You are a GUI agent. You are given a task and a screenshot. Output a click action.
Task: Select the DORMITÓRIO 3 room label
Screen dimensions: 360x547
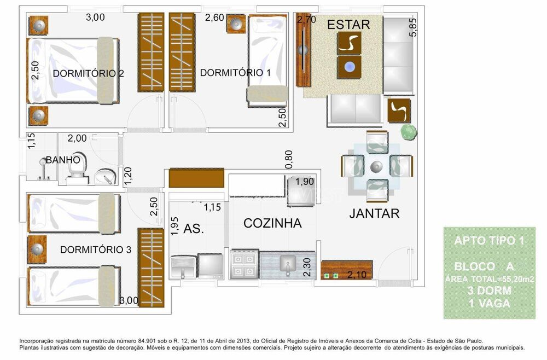[x=96, y=249]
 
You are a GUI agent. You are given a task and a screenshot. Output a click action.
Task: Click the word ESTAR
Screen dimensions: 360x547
[x=348, y=25]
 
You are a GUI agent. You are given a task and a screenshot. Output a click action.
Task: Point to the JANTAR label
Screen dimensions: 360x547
[x=374, y=213]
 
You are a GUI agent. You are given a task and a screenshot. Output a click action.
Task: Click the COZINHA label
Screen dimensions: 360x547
[x=272, y=223]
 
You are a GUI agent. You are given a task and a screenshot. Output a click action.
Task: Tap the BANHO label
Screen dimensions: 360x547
[x=63, y=160]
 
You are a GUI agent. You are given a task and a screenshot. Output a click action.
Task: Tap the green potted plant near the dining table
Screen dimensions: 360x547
[x=409, y=132]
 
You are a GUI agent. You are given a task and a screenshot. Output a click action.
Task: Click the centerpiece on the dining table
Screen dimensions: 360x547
[x=375, y=166]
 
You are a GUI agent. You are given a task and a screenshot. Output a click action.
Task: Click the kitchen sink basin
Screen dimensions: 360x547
[x=288, y=265]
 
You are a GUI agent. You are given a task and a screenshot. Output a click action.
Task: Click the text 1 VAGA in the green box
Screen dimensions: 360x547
[x=489, y=303]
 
